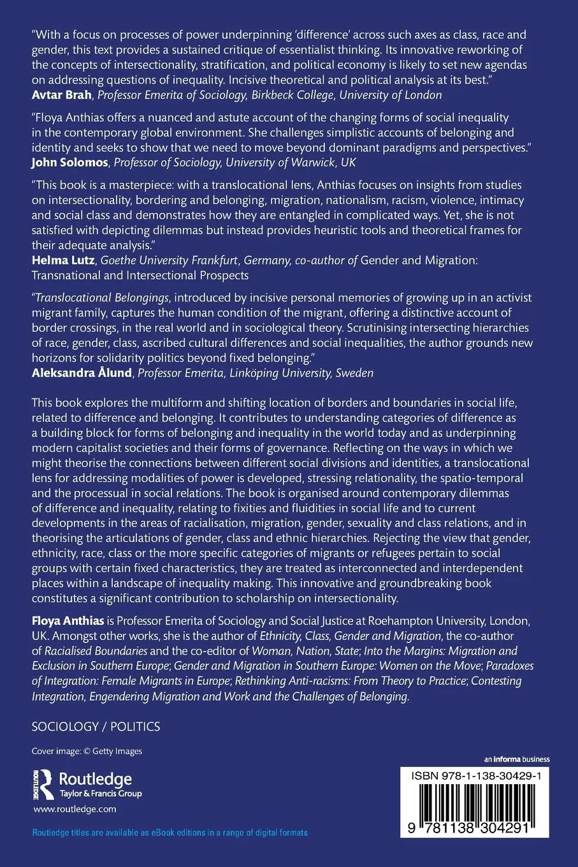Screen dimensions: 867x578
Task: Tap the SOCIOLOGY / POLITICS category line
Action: pyautogui.click(x=96, y=727)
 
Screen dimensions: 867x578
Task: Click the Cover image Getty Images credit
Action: pyautogui.click(x=87, y=751)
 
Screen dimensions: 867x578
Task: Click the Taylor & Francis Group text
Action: pyautogui.click(x=100, y=794)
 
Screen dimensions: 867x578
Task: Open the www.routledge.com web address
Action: pyautogui.click(x=74, y=809)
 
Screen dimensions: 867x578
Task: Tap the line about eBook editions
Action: pyautogui.click(x=170, y=833)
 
